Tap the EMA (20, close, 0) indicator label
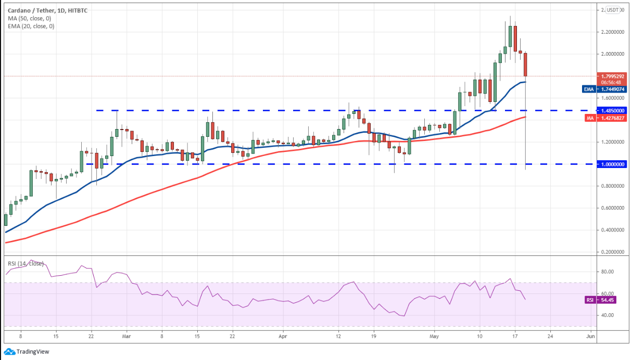click(30, 26)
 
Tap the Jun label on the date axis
click(589, 336)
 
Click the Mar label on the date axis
click(127, 336)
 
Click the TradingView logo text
click(33, 351)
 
